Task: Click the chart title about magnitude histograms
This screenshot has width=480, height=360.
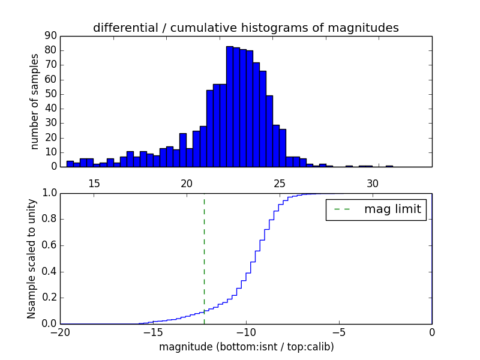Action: [x=245, y=28]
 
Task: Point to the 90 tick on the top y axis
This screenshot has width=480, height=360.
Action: [x=50, y=36]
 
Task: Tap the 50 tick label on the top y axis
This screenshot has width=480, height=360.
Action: [x=50, y=94]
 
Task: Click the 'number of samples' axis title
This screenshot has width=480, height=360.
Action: [x=35, y=101]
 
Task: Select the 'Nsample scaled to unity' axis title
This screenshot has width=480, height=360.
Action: [x=32, y=259]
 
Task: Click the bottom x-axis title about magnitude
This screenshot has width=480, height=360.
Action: [x=246, y=347]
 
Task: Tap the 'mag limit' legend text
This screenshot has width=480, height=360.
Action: [x=392, y=209]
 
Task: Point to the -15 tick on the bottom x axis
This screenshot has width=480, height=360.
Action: [x=152, y=332]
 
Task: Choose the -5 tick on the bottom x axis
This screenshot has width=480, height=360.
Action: [x=338, y=332]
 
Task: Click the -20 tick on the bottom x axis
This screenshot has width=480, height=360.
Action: [x=60, y=332]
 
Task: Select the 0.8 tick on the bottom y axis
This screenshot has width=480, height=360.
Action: [x=48, y=219]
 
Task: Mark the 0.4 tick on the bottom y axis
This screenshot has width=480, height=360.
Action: [x=48, y=272]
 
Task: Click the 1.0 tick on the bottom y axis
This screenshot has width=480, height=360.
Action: [x=48, y=193]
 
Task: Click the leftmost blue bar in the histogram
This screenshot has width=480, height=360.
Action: [x=70, y=164]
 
